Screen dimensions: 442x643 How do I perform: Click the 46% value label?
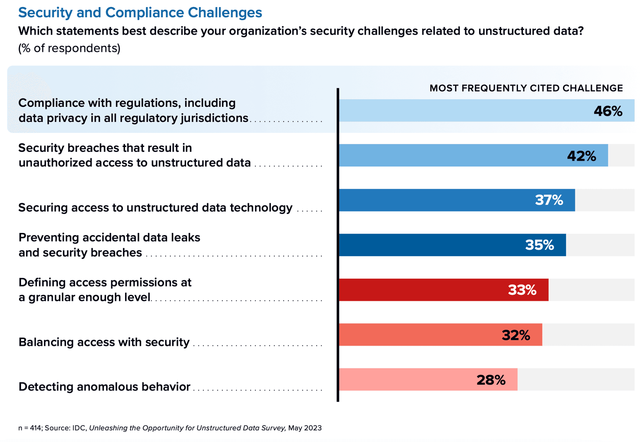tap(608, 111)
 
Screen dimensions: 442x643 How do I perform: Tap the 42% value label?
tap(581, 156)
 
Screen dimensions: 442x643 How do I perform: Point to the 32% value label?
tap(515, 335)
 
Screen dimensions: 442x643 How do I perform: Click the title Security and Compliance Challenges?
tap(140, 13)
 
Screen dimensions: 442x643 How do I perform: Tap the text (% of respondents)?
tap(69, 48)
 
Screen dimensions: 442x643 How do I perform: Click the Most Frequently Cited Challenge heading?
tap(526, 88)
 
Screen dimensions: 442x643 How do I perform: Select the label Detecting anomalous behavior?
tap(104, 387)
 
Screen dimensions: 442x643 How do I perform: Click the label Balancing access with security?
tap(104, 342)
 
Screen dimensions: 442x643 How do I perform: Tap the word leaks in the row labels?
tap(186, 238)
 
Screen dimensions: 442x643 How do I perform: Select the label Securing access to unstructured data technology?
tap(155, 208)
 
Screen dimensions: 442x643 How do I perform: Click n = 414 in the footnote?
tap(30, 428)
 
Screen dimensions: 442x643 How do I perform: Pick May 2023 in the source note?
tap(305, 428)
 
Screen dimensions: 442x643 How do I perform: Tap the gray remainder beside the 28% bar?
tap(575, 379)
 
